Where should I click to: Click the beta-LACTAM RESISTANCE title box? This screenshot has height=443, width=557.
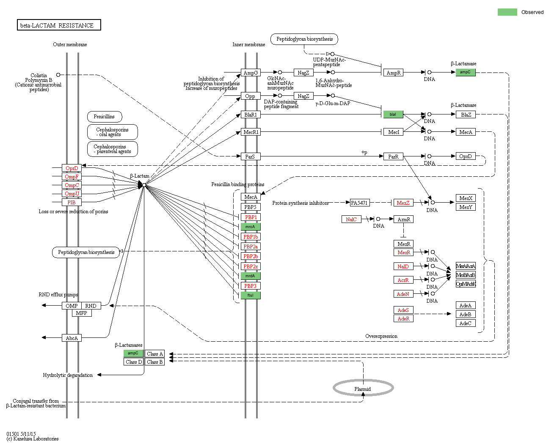[59, 25]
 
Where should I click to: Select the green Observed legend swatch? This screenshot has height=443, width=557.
[507, 12]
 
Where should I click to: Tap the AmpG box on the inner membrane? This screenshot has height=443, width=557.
[251, 72]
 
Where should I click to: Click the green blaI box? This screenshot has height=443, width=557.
[393, 114]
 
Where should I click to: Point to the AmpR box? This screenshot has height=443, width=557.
[393, 72]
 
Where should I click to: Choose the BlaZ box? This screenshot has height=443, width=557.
[466, 114]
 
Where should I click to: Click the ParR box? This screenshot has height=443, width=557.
[393, 156]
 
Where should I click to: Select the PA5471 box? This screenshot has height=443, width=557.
[359, 203]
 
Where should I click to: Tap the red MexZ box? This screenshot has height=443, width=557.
[403, 203]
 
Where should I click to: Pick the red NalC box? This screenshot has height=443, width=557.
[351, 219]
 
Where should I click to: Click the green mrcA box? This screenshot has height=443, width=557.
[251, 227]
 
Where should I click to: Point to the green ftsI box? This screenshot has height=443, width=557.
[251, 295]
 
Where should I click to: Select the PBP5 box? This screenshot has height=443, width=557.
[251, 207]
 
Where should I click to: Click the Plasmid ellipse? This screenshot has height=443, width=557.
[363, 388]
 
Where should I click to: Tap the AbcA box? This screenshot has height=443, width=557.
[72, 338]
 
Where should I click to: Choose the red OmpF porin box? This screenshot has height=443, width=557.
[72, 176]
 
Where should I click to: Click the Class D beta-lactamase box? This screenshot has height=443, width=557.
[133, 362]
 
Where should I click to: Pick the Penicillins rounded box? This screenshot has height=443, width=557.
[104, 117]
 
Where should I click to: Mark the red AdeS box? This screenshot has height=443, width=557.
[403, 310]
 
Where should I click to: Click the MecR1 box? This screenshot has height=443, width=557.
[251, 132]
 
